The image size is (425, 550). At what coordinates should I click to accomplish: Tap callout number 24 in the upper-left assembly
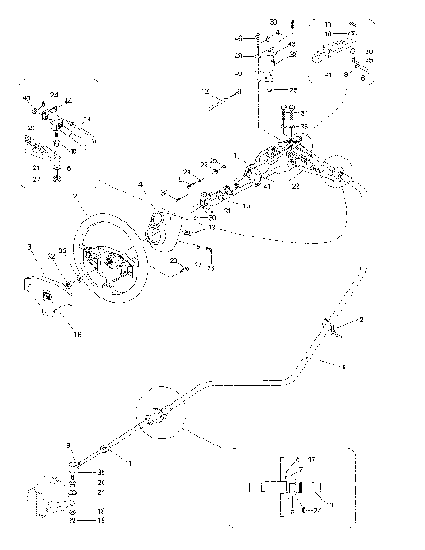54,95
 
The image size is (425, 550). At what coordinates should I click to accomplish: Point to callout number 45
26,97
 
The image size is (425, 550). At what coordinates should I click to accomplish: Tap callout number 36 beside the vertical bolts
306,126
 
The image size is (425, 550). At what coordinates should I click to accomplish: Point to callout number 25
293,90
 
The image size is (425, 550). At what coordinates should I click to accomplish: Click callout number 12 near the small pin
206,92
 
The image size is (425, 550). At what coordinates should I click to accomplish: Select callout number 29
187,170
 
